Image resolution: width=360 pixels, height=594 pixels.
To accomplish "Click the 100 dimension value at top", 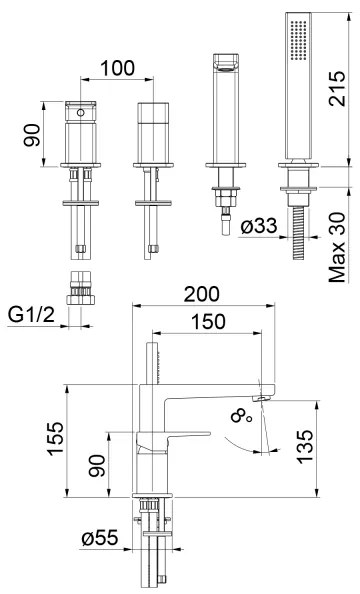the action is [117, 68].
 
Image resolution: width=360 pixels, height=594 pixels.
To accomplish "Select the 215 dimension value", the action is [337, 88].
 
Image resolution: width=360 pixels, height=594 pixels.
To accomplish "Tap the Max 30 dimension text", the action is [337, 247].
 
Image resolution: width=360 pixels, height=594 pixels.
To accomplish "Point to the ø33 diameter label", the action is [259, 226].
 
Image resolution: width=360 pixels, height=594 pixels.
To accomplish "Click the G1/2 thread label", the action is [31, 314].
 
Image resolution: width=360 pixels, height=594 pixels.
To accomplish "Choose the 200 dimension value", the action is [202, 294].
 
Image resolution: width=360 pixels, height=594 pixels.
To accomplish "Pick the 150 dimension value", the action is [208, 322].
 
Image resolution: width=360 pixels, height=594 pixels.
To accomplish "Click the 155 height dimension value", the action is [55, 438].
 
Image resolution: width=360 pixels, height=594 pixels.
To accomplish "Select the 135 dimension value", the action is [305, 446].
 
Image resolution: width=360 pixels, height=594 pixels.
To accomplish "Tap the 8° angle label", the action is [241, 417].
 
